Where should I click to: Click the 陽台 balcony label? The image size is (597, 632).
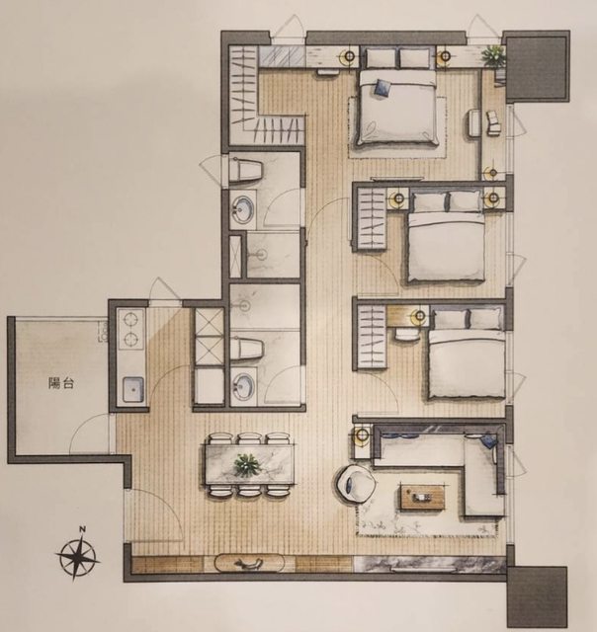(x=61, y=383)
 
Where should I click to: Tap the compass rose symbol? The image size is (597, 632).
(x=77, y=558)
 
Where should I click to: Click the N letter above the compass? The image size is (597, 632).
(x=82, y=529)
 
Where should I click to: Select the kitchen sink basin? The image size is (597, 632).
(x=132, y=389)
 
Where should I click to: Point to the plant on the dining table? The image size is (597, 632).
(x=247, y=465)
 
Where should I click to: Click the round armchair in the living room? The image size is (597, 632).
(x=355, y=484)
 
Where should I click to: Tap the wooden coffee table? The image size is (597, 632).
(x=422, y=498)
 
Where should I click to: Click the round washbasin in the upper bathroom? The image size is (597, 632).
(x=242, y=209)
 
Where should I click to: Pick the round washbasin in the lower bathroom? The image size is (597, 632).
(x=243, y=384)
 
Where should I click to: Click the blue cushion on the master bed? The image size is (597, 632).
(x=383, y=88)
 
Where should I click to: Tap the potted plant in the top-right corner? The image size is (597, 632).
(x=493, y=55)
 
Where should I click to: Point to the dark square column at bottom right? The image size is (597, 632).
(x=537, y=598)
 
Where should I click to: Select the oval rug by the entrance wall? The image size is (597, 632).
(x=250, y=563)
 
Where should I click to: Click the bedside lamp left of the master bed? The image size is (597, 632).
(x=348, y=56)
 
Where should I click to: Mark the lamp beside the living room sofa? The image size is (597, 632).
(x=362, y=435)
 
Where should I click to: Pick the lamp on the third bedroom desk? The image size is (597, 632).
(x=419, y=316)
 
